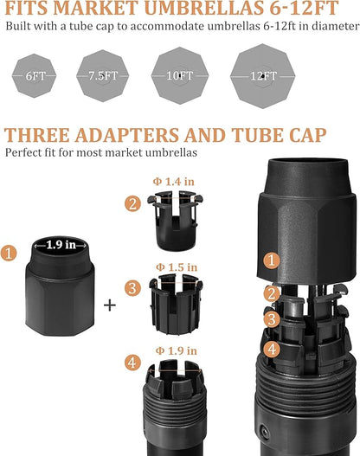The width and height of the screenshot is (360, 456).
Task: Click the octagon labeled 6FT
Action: click(x=34, y=75)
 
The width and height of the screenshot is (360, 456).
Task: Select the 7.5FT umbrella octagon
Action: click(x=103, y=75)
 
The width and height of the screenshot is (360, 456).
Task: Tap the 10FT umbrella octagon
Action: click(x=180, y=75)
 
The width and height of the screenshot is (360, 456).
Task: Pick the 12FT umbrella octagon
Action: click(x=263, y=76)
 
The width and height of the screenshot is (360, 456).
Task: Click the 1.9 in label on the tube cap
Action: click(x=61, y=245)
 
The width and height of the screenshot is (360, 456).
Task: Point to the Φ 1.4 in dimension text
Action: click(x=174, y=182)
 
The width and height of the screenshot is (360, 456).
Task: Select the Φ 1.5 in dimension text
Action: click(x=177, y=267)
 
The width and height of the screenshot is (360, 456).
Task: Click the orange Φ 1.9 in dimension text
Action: click(x=177, y=350)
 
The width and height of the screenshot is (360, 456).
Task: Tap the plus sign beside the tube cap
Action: click(x=110, y=305)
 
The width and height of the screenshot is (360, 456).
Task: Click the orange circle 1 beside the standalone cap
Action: click(x=9, y=253)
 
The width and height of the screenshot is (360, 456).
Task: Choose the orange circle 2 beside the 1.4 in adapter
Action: click(x=132, y=203)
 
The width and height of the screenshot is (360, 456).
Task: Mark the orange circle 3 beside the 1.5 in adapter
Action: click(x=132, y=288)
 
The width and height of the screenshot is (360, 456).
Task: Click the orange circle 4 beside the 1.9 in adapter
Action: click(x=132, y=363)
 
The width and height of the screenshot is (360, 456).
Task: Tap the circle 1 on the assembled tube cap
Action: click(x=272, y=260)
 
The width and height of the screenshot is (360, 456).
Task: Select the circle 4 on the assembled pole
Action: click(x=272, y=349)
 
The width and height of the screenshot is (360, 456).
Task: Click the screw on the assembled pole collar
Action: click(x=265, y=431)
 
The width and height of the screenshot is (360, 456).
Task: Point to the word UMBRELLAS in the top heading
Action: click(x=204, y=8)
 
